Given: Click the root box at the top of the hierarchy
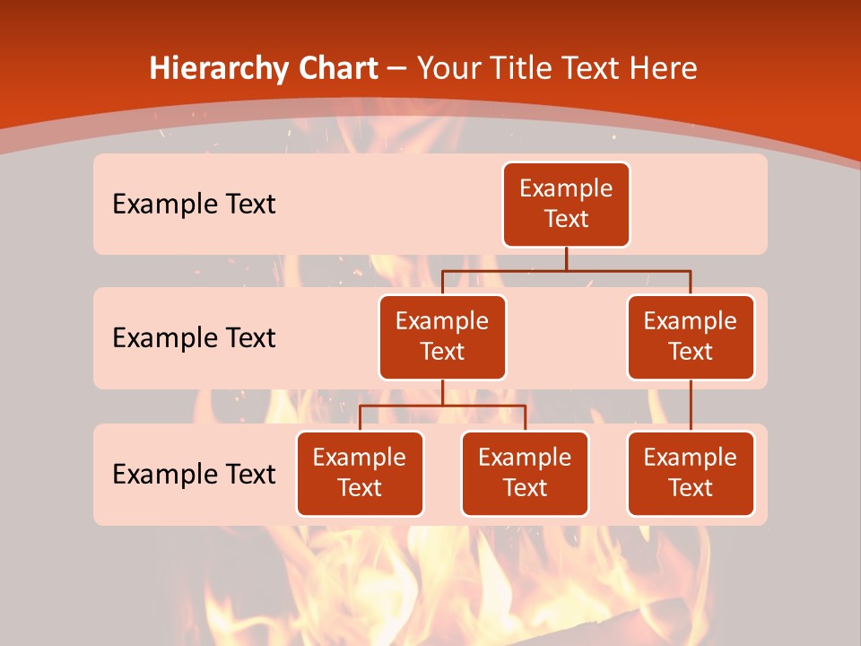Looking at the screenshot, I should [x=566, y=204].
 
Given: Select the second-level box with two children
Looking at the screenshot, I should [x=442, y=336].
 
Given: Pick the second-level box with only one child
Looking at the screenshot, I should [x=691, y=336].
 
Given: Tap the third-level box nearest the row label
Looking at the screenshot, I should [x=360, y=473].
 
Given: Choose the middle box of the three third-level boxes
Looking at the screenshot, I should [x=525, y=473].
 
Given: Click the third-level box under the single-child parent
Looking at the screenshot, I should [x=691, y=473].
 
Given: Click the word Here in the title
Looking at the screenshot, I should [x=665, y=68].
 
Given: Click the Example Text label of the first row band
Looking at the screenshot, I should [x=194, y=204].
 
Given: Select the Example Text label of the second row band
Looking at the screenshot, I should [x=194, y=337].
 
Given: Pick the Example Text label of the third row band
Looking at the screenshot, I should [x=194, y=474].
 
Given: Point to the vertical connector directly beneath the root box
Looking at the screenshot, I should [x=566, y=258].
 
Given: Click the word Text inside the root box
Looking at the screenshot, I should [x=566, y=219].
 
